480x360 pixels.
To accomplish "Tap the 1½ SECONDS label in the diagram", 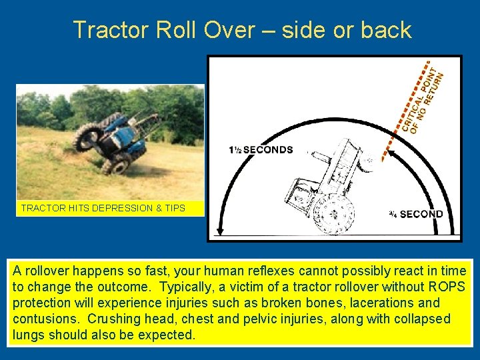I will coord(261,150).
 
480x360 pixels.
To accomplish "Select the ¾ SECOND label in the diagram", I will coord(415,214).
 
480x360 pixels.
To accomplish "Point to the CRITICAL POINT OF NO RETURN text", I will coord(421,100).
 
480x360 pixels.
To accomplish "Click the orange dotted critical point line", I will coord(403,113).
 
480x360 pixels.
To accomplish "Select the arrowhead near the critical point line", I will coord(391,155).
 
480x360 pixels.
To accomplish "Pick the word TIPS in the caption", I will coord(175,208).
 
